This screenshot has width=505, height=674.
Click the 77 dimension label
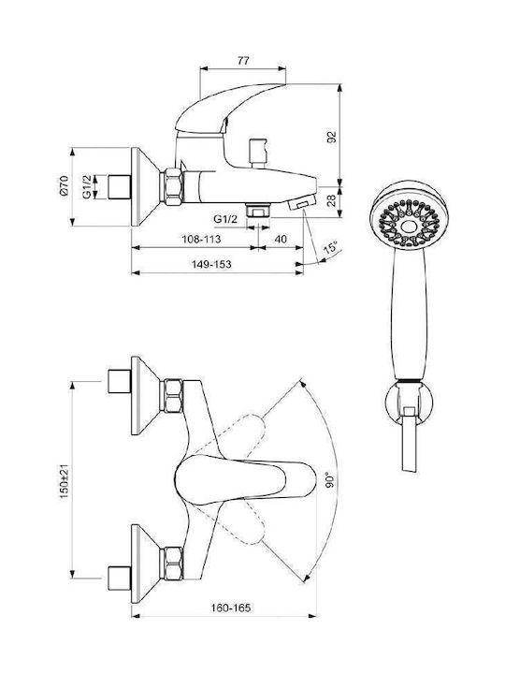click(243, 61)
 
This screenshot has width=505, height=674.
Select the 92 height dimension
click(332, 137)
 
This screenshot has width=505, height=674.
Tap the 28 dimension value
click(332, 200)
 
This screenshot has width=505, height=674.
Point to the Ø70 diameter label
click(64, 185)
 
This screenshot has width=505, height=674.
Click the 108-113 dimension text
click(201, 239)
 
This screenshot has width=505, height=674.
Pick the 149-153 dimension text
click(211, 264)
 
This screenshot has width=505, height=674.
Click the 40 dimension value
click(280, 239)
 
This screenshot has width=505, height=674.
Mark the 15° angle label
click(331, 248)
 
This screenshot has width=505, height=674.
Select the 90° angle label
click(330, 479)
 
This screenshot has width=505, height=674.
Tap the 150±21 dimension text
click(64, 481)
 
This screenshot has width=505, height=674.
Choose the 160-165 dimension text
click(231, 608)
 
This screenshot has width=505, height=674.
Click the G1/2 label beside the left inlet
click(87, 186)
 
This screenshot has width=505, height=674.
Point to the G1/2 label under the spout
click(225, 219)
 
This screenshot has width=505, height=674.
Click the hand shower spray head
click(410, 214)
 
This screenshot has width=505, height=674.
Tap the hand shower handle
click(409, 314)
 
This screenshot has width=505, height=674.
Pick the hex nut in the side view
click(172, 186)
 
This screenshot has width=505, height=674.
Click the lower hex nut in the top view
click(172, 564)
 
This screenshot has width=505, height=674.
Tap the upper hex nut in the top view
click(172, 395)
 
